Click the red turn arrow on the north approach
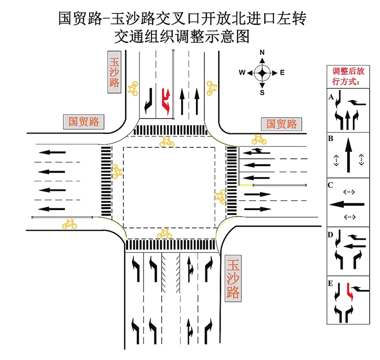click(x=165, y=101)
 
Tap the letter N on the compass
click(x=262, y=52)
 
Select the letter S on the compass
click(x=262, y=92)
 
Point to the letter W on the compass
click(x=242, y=73)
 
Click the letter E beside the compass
click(x=283, y=73)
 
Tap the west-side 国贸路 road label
click(x=84, y=122)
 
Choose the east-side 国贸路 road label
click(x=281, y=124)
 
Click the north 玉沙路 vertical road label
click(x=114, y=72)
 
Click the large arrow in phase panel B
click(x=349, y=155)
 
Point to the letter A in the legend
click(x=331, y=97)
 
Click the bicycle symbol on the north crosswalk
click(x=167, y=142)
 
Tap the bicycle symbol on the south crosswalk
click(x=164, y=233)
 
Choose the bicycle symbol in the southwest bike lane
click(x=69, y=224)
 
